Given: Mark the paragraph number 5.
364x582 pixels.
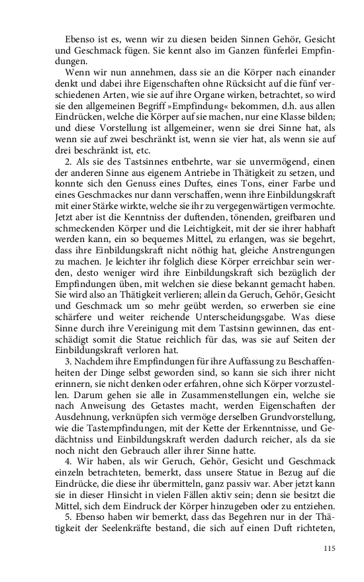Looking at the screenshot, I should [68, 520].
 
